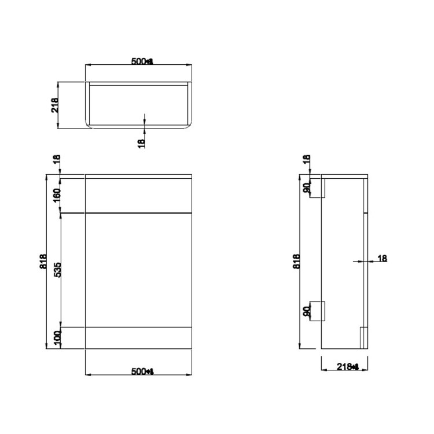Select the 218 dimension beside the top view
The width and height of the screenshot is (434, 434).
point(56,104)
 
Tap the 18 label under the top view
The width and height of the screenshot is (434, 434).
point(142,141)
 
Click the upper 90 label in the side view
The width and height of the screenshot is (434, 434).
point(307,187)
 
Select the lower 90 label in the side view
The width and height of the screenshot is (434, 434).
point(307,311)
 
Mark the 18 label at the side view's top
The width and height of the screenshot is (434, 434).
point(307,160)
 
